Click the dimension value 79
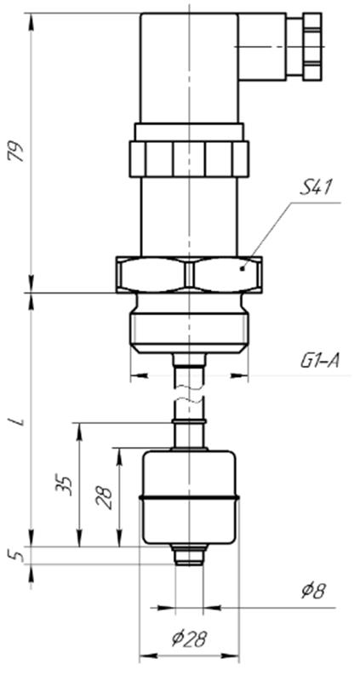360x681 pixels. point(18,152)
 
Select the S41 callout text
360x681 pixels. point(316,187)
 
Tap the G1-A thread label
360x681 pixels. point(320,360)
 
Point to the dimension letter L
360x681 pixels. point(18,421)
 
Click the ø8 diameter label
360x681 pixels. point(313,591)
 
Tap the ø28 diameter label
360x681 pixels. point(189,639)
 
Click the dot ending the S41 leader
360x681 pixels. point(243,268)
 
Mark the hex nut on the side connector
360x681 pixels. point(312,47)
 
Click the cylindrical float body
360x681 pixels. point(189,497)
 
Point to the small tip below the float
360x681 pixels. point(189,555)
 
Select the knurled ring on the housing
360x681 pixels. point(189,158)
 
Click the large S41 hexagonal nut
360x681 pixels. point(189,274)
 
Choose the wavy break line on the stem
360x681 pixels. point(189,394)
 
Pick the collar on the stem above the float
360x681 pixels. point(189,421)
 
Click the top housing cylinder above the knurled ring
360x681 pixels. point(189,68)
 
